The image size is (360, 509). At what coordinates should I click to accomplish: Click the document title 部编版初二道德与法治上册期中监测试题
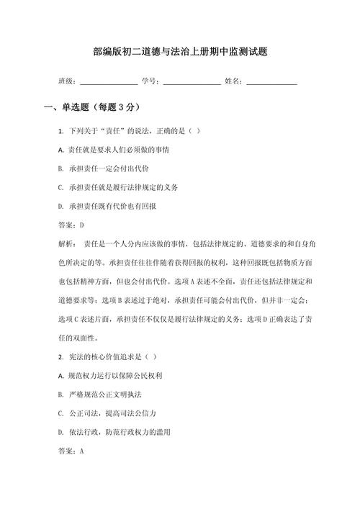click(181, 52)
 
